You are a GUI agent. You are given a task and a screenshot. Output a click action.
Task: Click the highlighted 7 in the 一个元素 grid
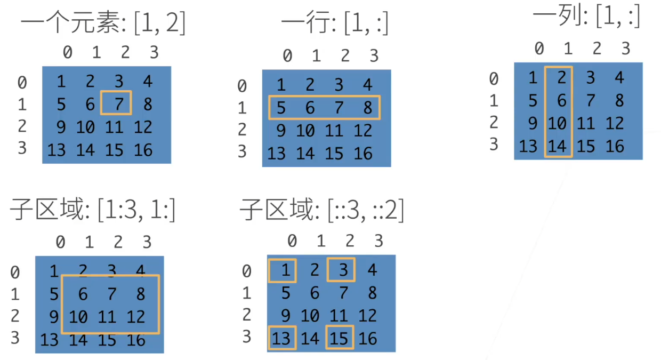[119, 103]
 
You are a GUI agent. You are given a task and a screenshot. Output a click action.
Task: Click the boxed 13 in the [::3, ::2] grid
[282, 338]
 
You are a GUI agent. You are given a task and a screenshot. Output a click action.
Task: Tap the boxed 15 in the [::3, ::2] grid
[340, 338]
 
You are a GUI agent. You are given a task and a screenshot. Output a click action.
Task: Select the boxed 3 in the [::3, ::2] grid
[343, 270]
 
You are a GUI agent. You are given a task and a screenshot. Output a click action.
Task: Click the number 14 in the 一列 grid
[557, 146]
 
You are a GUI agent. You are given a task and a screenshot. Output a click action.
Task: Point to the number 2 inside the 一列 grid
[561, 78]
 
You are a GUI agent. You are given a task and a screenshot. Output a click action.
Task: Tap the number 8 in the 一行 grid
[367, 108]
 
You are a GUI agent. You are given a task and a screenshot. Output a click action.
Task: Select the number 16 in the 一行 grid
[363, 154]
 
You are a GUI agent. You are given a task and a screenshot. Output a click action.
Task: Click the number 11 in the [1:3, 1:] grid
[107, 317]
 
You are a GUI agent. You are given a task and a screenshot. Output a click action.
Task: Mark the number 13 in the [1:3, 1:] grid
[50, 340]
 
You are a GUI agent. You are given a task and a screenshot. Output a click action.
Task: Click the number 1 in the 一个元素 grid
[61, 81]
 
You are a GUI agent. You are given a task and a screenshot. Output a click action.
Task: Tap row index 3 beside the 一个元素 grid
[22, 148]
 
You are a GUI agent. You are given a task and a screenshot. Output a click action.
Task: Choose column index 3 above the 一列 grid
[626, 49]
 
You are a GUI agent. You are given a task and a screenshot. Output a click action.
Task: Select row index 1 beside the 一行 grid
[242, 108]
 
